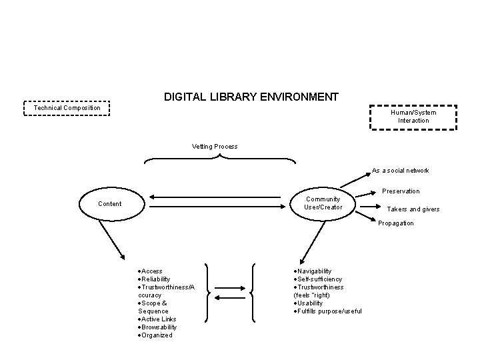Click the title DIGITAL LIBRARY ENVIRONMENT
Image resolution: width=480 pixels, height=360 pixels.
pyautogui.click(x=251, y=97)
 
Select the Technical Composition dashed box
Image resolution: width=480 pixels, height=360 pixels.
pyautogui.click(x=67, y=108)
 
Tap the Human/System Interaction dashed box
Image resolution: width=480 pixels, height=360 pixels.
pyautogui.click(x=413, y=117)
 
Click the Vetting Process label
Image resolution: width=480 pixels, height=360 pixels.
pyautogui.click(x=215, y=146)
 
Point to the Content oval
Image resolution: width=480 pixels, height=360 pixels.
pyautogui.click(x=109, y=203)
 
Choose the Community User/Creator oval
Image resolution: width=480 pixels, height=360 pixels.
pyautogui.click(x=323, y=203)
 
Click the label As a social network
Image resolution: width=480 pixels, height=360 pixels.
pyautogui.click(x=401, y=171)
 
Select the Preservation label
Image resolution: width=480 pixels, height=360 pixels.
pyautogui.click(x=401, y=191)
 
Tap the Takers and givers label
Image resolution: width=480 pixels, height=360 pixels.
pyautogui.click(x=413, y=209)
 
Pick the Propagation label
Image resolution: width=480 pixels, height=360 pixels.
pyautogui.click(x=396, y=223)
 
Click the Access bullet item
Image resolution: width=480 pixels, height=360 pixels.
pyautogui.click(x=151, y=271)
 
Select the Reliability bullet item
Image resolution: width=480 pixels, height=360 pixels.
pyautogui.click(x=155, y=279)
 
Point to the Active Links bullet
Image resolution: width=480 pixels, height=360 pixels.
pyautogui.click(x=157, y=319)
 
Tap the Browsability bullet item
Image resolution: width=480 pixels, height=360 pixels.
pyautogui.click(x=158, y=327)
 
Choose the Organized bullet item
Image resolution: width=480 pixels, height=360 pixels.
pyautogui.click(x=156, y=335)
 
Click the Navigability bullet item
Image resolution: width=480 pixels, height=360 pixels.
pyautogui.click(x=314, y=271)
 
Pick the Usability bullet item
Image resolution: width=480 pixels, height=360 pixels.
pyautogui.click(x=310, y=303)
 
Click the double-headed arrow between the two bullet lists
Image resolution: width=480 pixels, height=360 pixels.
pyautogui.click(x=231, y=291)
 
